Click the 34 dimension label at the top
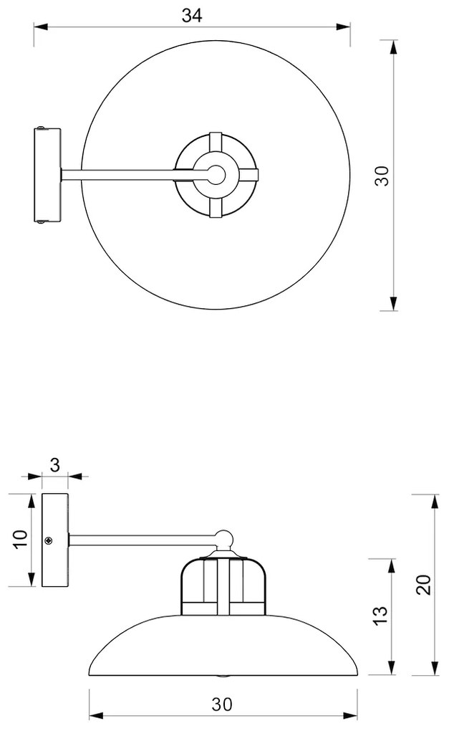point(192,16)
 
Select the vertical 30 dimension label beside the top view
point(382,176)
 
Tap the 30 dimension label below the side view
point(222,704)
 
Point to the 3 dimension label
point(55,465)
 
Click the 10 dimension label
point(21,540)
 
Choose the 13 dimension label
point(380,616)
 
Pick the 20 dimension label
point(423,585)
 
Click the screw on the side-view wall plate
point(48,541)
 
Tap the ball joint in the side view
point(225,539)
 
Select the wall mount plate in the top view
point(47,175)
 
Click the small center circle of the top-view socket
point(216,175)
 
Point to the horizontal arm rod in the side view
point(143,540)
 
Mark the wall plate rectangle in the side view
point(55,540)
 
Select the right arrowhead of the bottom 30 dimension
point(350,715)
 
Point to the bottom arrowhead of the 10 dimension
point(32,579)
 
